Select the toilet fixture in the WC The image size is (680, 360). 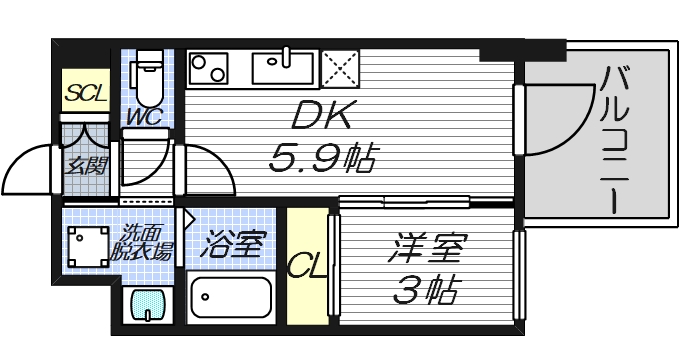pos(149,80)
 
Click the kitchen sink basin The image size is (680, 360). pos(285,68)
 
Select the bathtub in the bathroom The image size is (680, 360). pos(231,300)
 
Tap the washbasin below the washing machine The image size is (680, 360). pos(145,304)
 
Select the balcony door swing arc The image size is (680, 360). pos(555,120)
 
